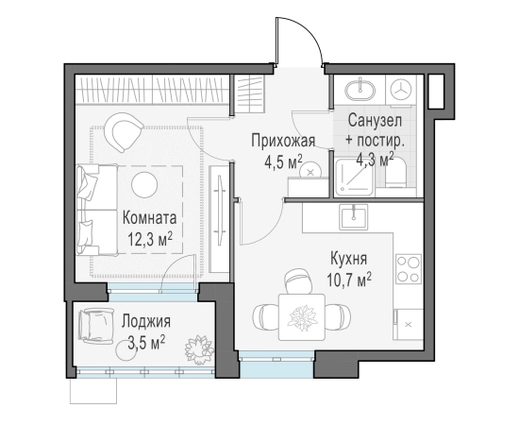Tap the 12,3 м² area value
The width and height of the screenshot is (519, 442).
(x=150, y=239)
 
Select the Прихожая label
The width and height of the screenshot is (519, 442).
(x=282, y=141)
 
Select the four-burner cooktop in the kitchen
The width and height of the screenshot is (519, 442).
(x=408, y=268)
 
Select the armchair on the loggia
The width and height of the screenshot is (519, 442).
(x=95, y=326)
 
